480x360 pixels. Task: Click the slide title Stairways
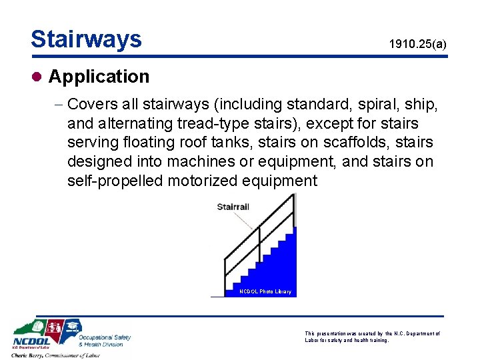[86, 39]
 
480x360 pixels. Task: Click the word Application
[99, 77]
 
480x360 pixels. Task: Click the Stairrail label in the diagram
[233, 207]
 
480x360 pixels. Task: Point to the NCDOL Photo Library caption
[265, 292]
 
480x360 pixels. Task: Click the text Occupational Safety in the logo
[105, 337]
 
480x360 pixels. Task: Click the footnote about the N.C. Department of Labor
[372, 337]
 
